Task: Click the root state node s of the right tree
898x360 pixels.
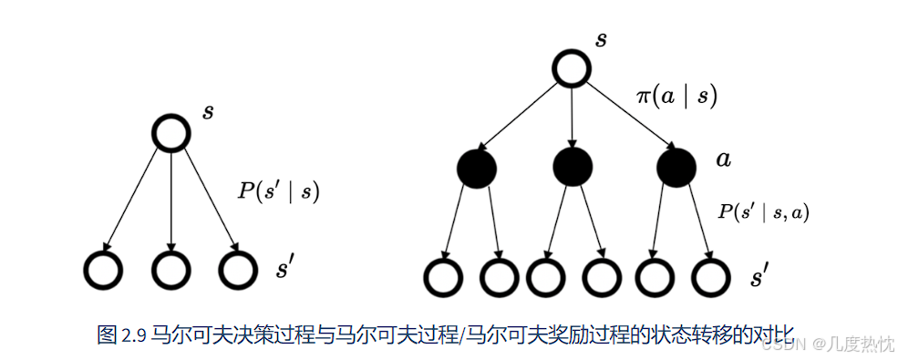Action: tap(572, 69)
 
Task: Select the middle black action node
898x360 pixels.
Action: tap(573, 168)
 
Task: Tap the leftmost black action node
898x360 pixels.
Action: tap(476, 168)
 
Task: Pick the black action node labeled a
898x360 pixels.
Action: tap(676, 168)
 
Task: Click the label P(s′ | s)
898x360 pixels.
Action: tap(279, 191)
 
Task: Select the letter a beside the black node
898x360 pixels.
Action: tap(723, 159)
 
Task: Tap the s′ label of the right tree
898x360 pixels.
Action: tap(759, 277)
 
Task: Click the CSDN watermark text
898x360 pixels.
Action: tap(781, 344)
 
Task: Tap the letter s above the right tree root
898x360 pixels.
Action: tap(601, 39)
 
